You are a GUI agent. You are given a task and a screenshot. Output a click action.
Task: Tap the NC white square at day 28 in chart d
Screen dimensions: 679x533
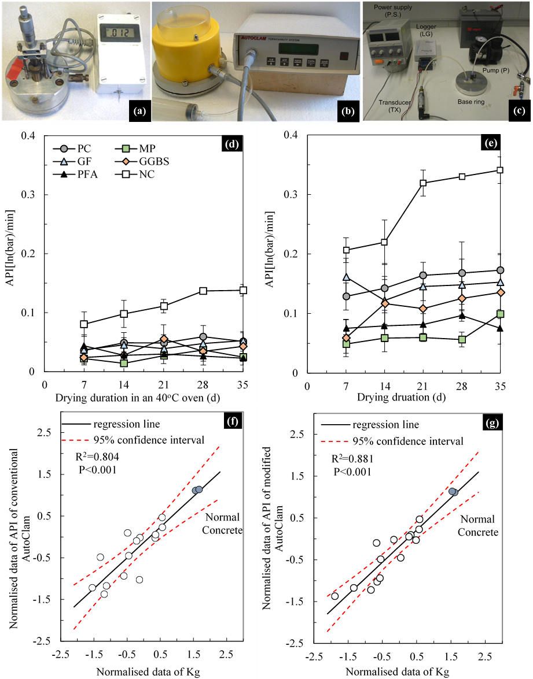tap(203, 291)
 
